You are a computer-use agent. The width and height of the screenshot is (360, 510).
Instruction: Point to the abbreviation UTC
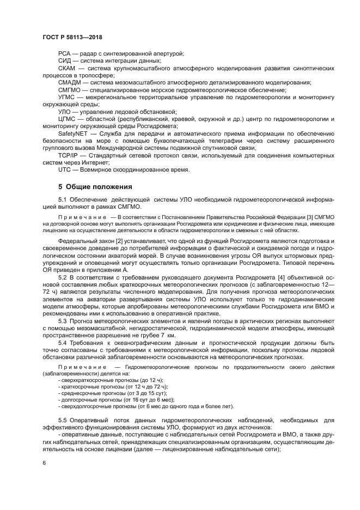click(x=65, y=169)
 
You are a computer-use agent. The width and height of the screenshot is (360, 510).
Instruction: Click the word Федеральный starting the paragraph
click(x=77, y=240)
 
